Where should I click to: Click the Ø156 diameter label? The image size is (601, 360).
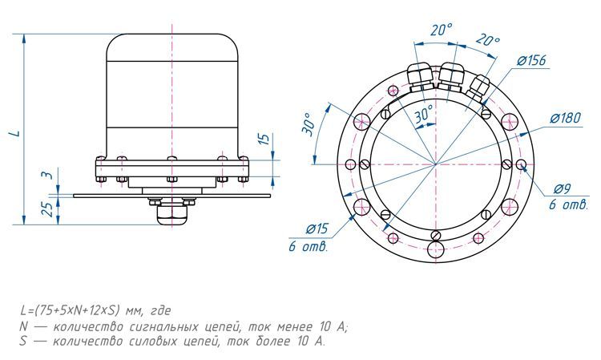(x=531, y=61)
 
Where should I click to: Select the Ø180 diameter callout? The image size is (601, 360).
(x=566, y=118)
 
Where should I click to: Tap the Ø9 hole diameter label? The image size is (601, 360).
(x=563, y=188)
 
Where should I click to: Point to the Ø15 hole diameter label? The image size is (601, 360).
(x=317, y=229)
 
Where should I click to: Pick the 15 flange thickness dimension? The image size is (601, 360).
(x=264, y=139)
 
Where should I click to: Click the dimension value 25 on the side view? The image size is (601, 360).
(x=48, y=209)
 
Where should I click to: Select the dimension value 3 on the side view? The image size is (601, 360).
(x=46, y=175)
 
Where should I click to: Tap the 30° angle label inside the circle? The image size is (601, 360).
(x=423, y=114)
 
